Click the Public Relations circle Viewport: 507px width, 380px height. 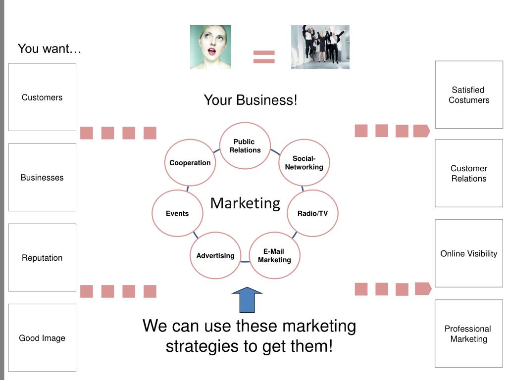[245, 146]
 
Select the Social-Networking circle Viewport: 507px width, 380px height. [304, 163]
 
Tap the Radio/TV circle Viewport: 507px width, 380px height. [312, 214]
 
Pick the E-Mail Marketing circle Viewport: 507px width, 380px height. [274, 256]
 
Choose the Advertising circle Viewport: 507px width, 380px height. [215, 256]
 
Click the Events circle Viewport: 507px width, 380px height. [177, 214]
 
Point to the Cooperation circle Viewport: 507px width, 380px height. [190, 163]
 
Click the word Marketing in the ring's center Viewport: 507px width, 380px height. [245, 203]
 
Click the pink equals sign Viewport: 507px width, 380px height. [264, 56]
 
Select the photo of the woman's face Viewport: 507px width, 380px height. [210, 47]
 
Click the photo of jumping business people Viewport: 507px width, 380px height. [320, 47]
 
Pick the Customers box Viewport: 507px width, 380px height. [42, 97]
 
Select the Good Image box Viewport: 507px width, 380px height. [42, 338]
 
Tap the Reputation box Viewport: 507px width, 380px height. [42, 258]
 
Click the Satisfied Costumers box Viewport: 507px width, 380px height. [469, 95]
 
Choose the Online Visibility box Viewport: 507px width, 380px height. [469, 253]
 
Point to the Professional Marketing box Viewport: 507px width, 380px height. [469, 333]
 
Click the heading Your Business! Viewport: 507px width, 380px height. [251, 100]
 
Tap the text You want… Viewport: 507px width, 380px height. [50, 49]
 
